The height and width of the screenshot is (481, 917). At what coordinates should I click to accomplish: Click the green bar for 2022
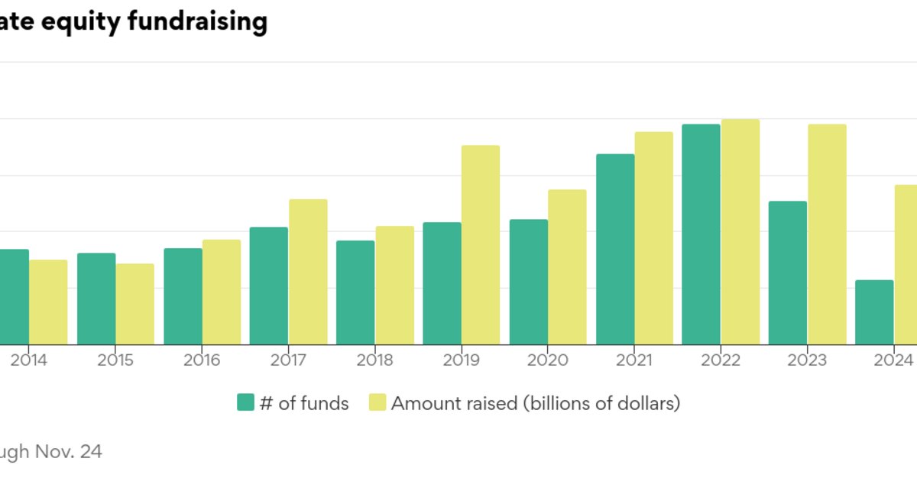pos(701,234)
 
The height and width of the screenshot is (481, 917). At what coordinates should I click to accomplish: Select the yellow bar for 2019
pos(480,244)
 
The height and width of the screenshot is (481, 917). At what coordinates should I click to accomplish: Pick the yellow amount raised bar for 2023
pos(827,234)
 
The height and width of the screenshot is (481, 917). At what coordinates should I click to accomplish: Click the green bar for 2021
pos(615,249)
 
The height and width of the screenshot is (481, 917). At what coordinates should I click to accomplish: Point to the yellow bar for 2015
pos(134,304)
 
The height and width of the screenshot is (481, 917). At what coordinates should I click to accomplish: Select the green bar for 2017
pos(269,286)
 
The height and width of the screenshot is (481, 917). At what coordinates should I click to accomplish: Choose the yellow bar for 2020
pos(567,266)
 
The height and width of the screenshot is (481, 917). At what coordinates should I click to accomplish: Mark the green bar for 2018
pos(355,292)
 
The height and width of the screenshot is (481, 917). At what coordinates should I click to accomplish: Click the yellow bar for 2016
pos(221,292)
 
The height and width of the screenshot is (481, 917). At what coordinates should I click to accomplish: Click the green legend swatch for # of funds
pos(245,402)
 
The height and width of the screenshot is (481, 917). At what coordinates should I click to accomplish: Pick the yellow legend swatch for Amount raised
pos(377,402)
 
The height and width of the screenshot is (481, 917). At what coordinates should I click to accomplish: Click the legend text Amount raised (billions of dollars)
pos(535,403)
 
